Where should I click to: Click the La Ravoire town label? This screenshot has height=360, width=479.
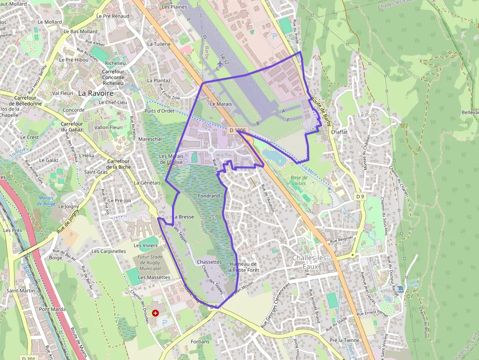pos(96,93)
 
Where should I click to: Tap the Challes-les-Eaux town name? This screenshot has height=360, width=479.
pos(312,262)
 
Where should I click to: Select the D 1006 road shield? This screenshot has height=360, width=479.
pos(237,130)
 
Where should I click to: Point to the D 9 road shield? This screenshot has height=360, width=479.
pos(360,196)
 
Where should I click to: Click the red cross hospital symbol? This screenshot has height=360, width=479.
pos(155,313)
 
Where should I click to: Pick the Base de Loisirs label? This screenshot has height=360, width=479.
pos(298,180)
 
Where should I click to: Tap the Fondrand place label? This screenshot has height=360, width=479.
pos(209,196)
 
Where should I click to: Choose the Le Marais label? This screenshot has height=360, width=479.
pos(220,104)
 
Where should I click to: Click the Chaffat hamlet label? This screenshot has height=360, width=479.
pos(339,132)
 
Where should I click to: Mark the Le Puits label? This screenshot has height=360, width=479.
pos(368,115)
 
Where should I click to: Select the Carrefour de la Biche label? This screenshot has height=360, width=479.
pos(119,164)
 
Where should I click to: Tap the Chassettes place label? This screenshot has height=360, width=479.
pos(209,262)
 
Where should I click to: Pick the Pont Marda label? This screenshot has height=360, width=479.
pos(52,309)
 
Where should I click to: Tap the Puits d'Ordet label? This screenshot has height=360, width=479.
pos(159,110)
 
